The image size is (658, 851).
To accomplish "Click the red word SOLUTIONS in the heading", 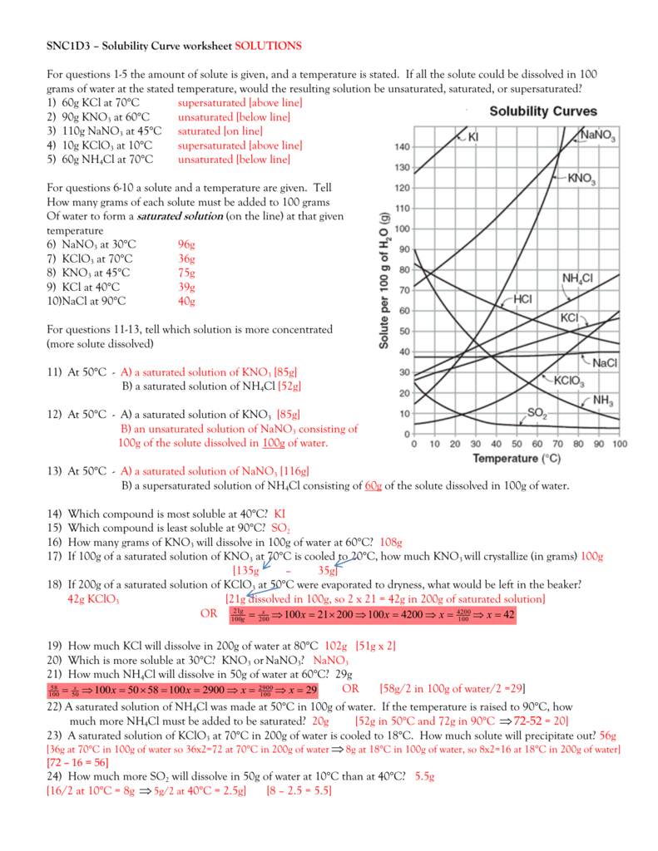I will (x=269, y=45).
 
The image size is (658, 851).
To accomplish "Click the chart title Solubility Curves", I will (x=542, y=111).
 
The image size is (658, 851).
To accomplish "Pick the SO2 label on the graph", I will (x=538, y=412).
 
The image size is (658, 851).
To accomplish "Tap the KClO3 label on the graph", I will (x=569, y=381).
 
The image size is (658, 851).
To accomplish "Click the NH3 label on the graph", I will (x=604, y=401).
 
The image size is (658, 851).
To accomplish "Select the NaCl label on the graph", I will (x=605, y=362).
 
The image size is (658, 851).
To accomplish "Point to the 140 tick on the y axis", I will (x=402, y=147).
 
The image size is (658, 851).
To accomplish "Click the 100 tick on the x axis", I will (x=619, y=445).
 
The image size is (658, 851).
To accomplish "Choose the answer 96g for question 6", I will (x=186, y=244).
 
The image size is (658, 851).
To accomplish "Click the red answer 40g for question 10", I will (x=186, y=301).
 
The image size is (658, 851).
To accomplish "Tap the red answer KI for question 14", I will (x=280, y=514).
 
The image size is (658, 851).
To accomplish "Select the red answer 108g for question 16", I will (x=390, y=542).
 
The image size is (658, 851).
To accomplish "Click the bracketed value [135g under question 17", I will (x=245, y=570).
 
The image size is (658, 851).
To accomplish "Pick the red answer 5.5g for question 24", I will (x=424, y=775).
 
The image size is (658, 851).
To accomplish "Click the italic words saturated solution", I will (x=180, y=216).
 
